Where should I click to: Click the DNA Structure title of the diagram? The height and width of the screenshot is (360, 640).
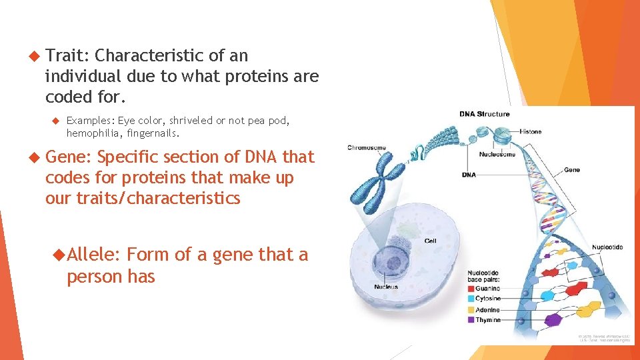pyautogui.click(x=484, y=114)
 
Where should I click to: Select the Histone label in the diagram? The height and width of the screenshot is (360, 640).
pyautogui.click(x=531, y=132)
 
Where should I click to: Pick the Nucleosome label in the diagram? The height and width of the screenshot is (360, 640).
pyautogui.click(x=497, y=155)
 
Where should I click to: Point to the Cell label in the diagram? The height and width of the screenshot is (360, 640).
pyautogui.click(x=430, y=241)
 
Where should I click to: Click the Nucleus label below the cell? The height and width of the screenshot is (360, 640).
pyautogui.click(x=386, y=287)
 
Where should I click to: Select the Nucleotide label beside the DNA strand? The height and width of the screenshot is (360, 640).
pyautogui.click(x=605, y=247)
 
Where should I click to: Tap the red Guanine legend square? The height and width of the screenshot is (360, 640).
pyautogui.click(x=471, y=289)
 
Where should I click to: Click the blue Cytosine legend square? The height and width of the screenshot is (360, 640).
pyautogui.click(x=471, y=299)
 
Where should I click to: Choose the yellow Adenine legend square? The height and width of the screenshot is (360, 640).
pyautogui.click(x=471, y=309)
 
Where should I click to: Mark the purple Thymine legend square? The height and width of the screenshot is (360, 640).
pyautogui.click(x=471, y=320)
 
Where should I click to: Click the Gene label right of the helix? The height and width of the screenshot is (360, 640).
pyautogui.click(x=571, y=170)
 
